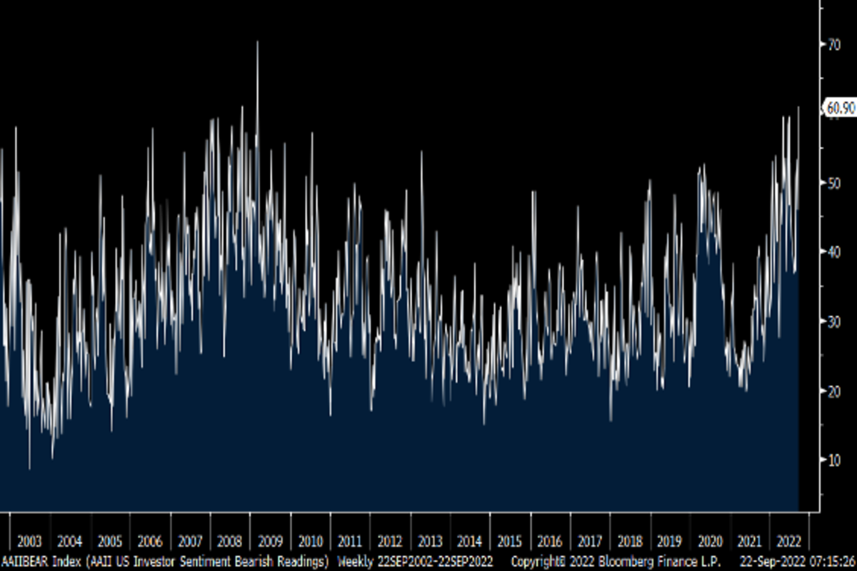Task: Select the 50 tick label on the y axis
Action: click(833, 183)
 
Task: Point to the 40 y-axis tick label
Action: click(833, 252)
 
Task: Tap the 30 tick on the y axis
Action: click(833, 321)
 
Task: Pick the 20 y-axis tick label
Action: click(833, 390)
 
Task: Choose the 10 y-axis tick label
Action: click(833, 460)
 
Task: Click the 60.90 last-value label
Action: click(841, 108)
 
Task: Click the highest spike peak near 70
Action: click(257, 43)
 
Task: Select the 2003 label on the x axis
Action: click(30, 540)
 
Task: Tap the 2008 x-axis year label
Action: click(229, 540)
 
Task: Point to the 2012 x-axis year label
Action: click(389, 540)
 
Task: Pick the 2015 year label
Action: click(509, 540)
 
